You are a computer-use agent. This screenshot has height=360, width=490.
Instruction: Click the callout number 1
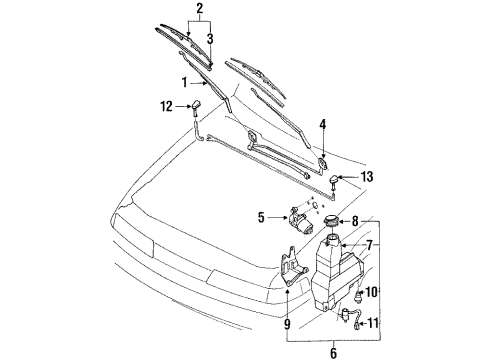[184, 82]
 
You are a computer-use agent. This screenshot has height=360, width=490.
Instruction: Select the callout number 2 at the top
[200, 9]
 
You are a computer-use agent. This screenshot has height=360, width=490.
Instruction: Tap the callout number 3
[210, 39]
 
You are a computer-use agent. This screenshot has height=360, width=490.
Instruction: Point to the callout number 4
[322, 124]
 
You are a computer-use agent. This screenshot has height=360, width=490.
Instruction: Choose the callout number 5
[261, 218]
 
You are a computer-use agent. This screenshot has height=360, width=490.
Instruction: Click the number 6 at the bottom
[334, 353]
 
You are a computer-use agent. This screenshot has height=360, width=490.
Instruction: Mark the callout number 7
[369, 245]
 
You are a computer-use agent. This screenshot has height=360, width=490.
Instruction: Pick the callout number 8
[355, 221]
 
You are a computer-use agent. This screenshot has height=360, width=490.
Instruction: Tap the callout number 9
[287, 324]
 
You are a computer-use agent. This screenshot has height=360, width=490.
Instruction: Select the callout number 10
[372, 292]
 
